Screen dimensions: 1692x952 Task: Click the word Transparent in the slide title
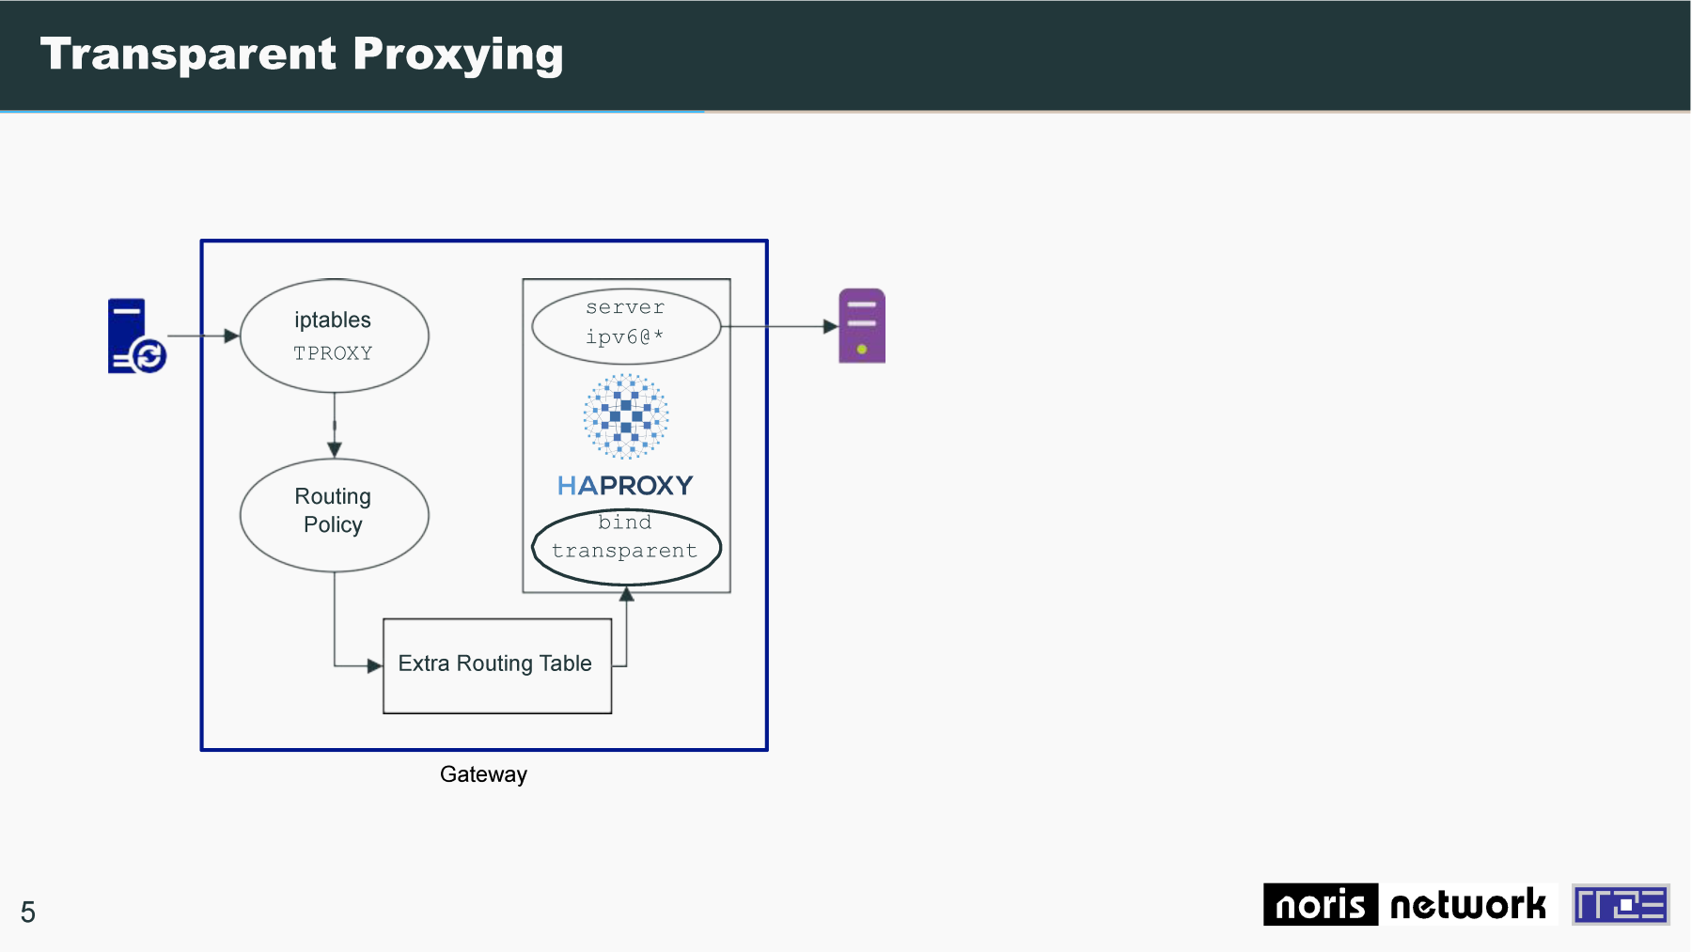click(188, 54)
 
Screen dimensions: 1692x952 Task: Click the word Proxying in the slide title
click(459, 55)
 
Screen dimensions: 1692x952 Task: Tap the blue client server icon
click(136, 336)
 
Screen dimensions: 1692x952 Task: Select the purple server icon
click(862, 326)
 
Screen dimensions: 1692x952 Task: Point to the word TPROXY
click(333, 353)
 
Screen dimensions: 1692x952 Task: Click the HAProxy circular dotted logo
click(626, 416)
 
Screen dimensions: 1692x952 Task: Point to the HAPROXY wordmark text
click(625, 485)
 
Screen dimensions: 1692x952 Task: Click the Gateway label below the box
click(483, 774)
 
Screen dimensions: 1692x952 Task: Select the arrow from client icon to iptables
click(203, 336)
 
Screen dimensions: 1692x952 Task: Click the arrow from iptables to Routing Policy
click(335, 425)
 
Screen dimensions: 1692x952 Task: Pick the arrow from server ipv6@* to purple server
click(779, 326)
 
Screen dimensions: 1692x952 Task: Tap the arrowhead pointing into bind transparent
click(626, 593)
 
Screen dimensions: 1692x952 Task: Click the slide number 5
click(28, 913)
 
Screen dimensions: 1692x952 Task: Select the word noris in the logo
click(1321, 904)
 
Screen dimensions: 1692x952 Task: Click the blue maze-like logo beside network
click(1621, 904)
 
